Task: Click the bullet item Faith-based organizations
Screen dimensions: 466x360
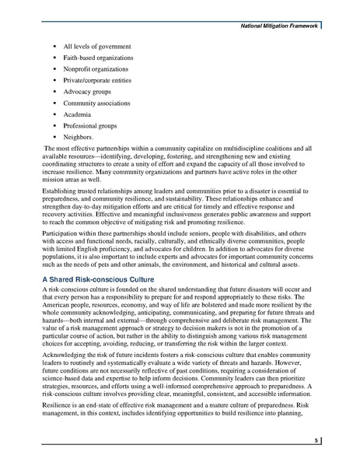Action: pyautogui.click(x=97, y=58)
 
